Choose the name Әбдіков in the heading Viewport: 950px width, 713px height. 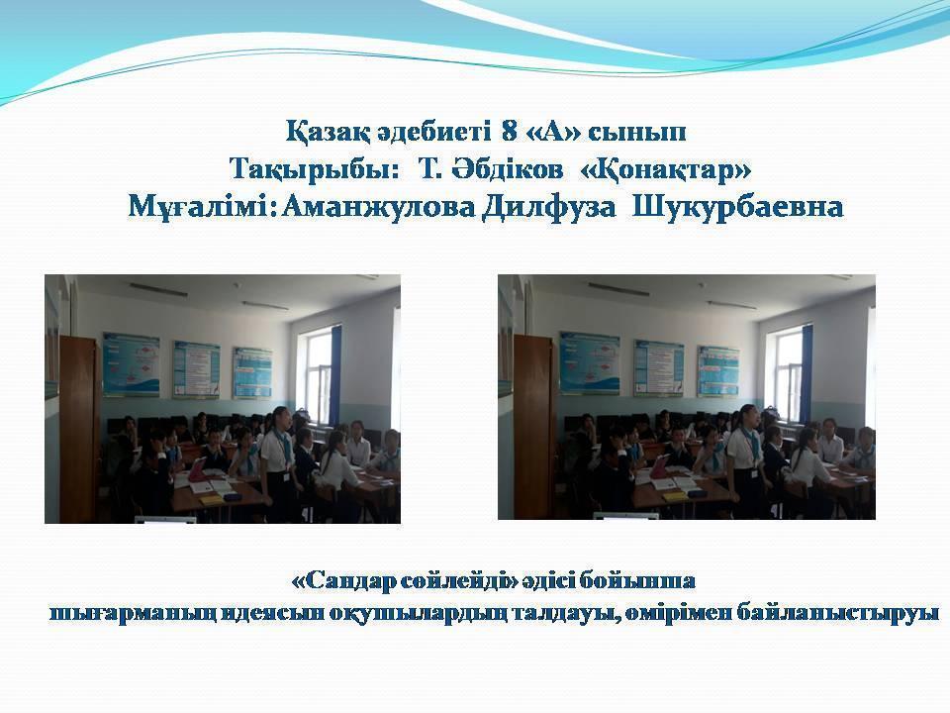[x=499, y=169]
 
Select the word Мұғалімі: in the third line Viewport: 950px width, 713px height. [x=202, y=208]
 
